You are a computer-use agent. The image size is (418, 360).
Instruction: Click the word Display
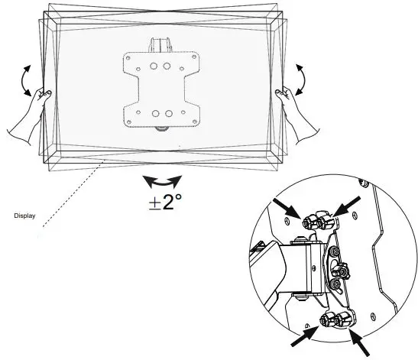(24, 216)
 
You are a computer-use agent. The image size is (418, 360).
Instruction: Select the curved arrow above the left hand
(29, 77)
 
